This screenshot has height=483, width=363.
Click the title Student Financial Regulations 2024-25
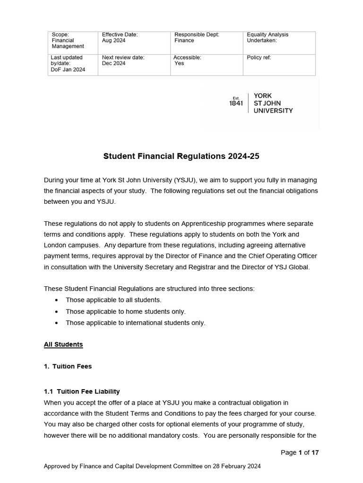[181, 156]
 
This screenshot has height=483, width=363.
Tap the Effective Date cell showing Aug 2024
[133, 43]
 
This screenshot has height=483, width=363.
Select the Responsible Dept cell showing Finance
[206, 43]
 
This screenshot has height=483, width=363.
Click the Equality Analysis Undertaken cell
[279, 43]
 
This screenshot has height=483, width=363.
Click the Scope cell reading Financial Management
[73, 43]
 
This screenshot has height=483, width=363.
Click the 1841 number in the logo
[235, 103]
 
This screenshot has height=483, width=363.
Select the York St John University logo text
[273, 103]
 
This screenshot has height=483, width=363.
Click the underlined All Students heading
[63, 344]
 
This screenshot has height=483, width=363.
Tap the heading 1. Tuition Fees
[68, 366]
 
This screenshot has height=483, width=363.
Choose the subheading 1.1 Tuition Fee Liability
[82, 391]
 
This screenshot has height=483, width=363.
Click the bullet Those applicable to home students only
[126, 311]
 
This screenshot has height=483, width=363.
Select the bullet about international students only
[136, 323]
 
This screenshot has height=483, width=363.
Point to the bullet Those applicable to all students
[113, 300]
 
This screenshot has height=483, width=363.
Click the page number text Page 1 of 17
[300, 452]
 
